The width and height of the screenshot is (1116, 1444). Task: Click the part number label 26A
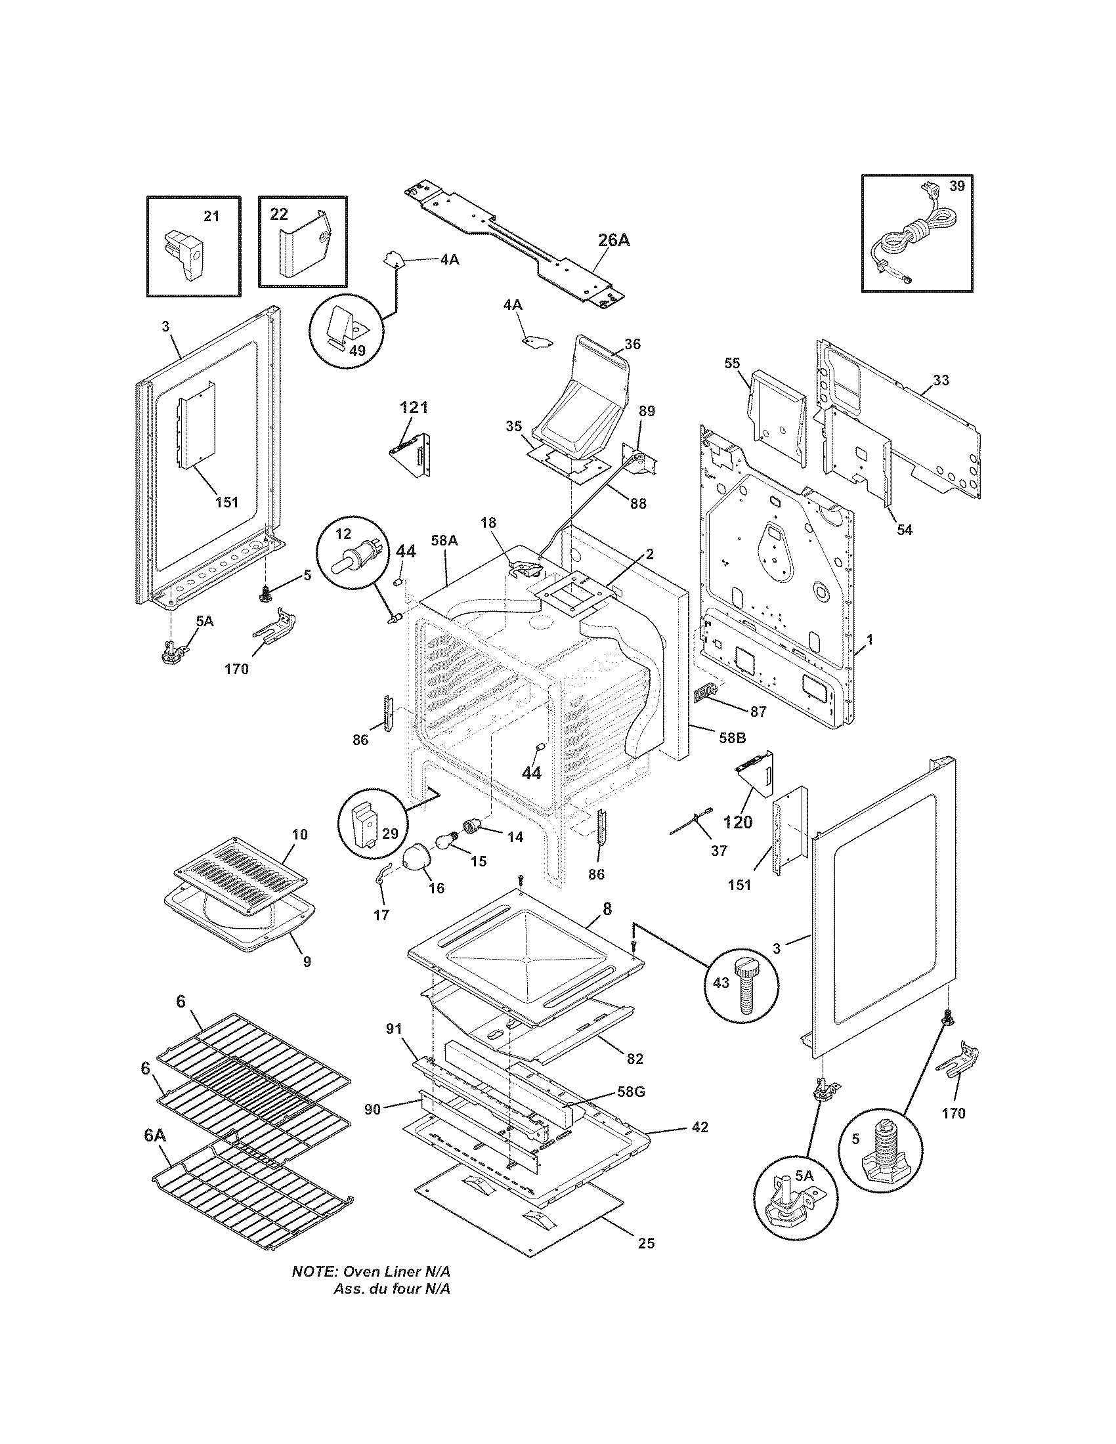tap(614, 240)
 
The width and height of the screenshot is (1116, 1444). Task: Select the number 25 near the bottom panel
tap(646, 1244)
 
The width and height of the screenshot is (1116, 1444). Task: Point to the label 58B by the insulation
tap(732, 738)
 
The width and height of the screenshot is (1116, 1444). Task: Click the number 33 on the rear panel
tap(941, 380)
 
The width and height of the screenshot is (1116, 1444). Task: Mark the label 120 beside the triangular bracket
tap(738, 822)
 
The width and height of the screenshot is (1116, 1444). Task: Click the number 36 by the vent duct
tap(632, 344)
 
